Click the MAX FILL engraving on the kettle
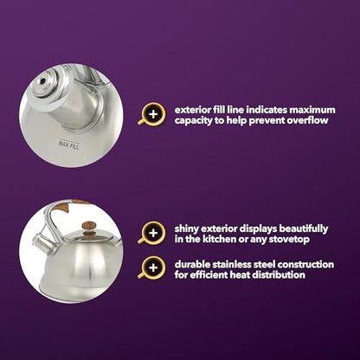coord(69,145)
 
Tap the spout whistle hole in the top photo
coord(42,81)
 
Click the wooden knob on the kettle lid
coord(88,226)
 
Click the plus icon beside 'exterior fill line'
coord(153,114)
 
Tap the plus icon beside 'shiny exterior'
coord(153,233)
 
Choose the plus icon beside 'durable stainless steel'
coord(153,268)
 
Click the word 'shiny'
coord(187,229)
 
